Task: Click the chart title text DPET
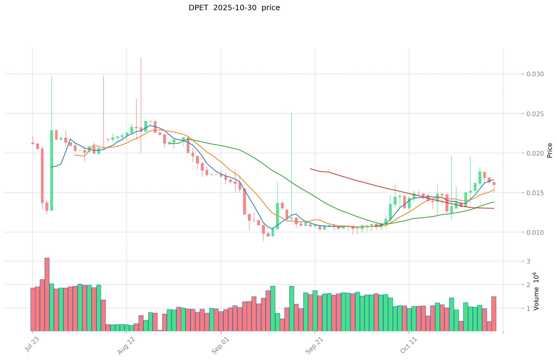tap(198, 8)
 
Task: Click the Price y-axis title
tap(550, 150)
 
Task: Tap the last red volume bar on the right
tap(494, 314)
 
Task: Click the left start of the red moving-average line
tap(310, 169)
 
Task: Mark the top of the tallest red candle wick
tap(141, 58)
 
